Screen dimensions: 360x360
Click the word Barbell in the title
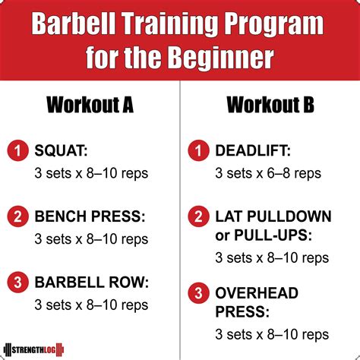pos(74,24)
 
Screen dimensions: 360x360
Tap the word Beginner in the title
pos(221,57)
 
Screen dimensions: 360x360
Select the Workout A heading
pos(90,105)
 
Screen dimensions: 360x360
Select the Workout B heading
pos(270,105)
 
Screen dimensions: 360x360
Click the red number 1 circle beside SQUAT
pos(17,151)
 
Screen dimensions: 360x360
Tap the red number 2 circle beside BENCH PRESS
pos(17,216)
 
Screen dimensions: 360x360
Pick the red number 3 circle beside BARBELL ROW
pos(17,283)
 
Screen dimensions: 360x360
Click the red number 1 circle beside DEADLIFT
pos(198,151)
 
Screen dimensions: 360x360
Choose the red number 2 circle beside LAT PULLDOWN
pos(198,216)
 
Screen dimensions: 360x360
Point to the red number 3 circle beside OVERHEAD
pos(198,293)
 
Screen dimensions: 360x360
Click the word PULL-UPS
pos(270,235)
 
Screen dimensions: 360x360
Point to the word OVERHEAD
pos(257,293)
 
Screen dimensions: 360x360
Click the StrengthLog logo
pos(34,350)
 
